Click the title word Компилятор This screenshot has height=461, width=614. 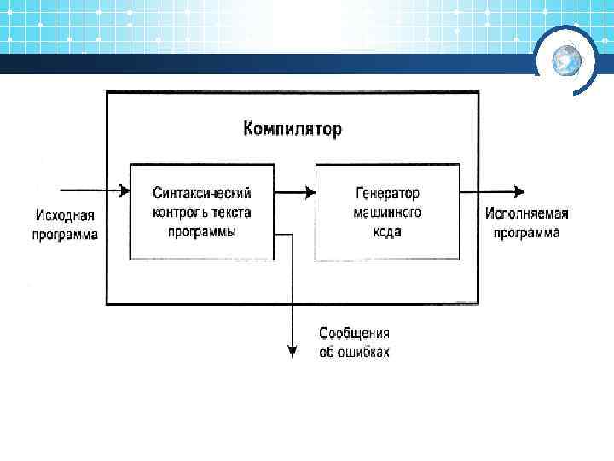click(x=292, y=130)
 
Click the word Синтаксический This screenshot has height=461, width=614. click(x=202, y=195)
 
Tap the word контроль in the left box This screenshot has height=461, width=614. click(x=181, y=213)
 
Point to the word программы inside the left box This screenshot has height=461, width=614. click(x=202, y=230)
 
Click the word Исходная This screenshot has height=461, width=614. click(x=65, y=216)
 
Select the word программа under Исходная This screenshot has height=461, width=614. click(x=65, y=234)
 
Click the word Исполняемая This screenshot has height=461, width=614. click(x=527, y=213)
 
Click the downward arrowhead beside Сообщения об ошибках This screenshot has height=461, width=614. click(x=293, y=349)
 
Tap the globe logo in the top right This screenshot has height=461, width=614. click(x=566, y=59)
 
